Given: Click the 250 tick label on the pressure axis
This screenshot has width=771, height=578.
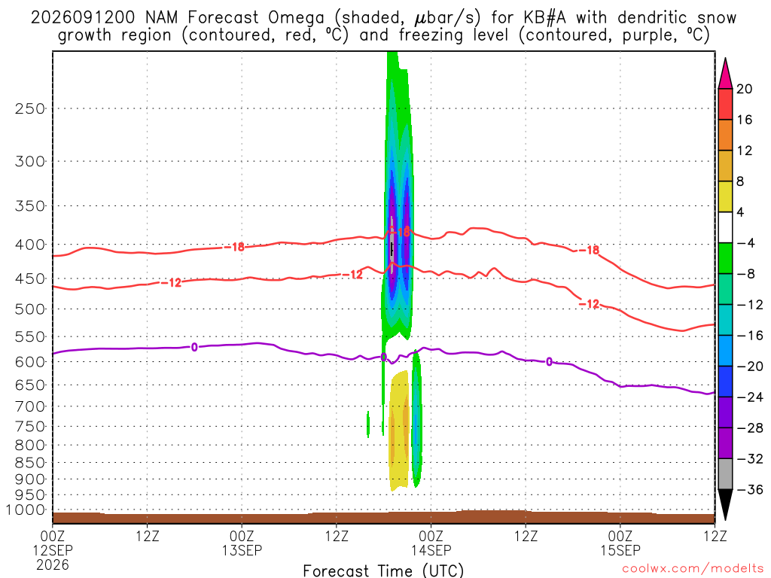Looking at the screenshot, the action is [30, 108].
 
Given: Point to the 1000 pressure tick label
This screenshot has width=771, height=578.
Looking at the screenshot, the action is [26, 510].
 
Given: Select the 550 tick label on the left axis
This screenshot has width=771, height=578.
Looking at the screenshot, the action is [30, 336].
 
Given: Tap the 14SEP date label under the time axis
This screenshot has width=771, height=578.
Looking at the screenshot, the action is [431, 550].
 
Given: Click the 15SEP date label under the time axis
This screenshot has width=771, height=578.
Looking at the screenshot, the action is [620, 550].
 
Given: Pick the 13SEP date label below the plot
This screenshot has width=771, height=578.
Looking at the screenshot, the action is [242, 550].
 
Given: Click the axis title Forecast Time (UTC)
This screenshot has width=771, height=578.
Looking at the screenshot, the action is [383, 570].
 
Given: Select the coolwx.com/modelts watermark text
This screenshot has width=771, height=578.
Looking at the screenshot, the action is [693, 568].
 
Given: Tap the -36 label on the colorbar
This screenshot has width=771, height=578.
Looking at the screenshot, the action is [750, 489].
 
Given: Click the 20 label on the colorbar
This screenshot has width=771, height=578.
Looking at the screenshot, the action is [745, 89].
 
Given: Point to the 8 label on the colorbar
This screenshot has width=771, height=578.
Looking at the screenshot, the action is [741, 181].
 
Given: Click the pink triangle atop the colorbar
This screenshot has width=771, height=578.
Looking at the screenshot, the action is [725, 74].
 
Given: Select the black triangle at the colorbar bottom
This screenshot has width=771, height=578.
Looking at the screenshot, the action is [725, 504].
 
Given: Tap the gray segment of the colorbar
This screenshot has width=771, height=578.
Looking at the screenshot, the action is [725, 474].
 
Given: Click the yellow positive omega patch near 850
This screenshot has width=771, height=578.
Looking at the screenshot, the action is [399, 430].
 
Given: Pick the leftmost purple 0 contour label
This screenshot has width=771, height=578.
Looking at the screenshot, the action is [194, 348].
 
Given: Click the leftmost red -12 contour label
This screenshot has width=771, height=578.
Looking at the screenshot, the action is [171, 283].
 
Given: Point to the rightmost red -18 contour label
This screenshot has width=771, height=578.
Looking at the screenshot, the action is [589, 250].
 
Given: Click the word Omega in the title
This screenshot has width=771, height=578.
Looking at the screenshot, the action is [297, 18].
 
